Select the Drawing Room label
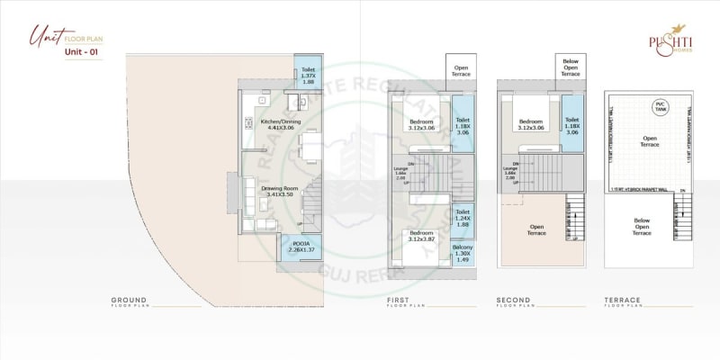(281, 191)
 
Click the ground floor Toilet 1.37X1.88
(308, 76)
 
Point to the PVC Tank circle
(660, 106)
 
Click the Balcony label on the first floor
(463, 253)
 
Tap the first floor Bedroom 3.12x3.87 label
(421, 237)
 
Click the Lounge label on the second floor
(510, 172)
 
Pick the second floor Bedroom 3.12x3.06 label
(530, 124)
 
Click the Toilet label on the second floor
(571, 124)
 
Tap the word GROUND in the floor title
(129, 300)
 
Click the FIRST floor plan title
(402, 300)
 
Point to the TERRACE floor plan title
(623, 300)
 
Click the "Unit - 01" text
(81, 52)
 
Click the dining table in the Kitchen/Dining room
(310, 144)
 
